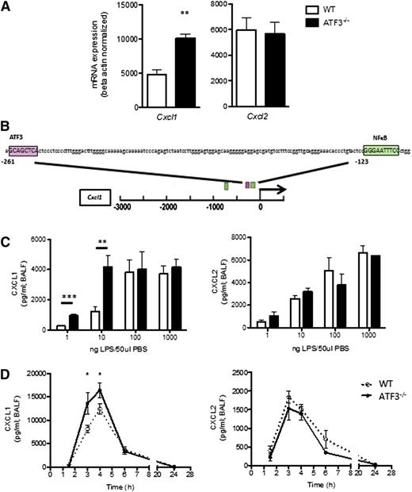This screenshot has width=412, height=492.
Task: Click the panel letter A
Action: (x=7, y=7)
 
